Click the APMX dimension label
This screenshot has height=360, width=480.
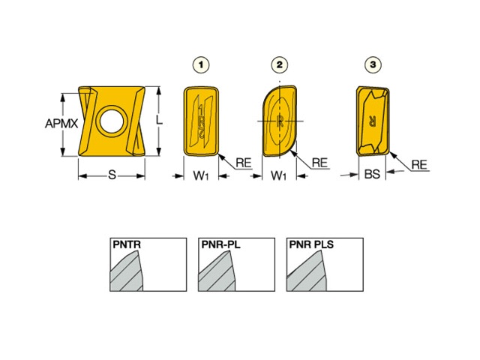coord(61,123)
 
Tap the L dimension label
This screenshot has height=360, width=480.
coord(159,120)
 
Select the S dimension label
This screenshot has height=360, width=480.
coord(112,175)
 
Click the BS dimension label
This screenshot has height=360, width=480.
coord(372,174)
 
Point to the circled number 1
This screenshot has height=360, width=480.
coord(201,64)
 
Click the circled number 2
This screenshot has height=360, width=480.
coord(280,64)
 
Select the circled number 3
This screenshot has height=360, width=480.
coord(373,64)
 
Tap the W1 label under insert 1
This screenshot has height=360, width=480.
coord(201,175)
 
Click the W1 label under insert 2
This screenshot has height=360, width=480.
coord(278,175)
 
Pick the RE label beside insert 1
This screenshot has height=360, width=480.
coord(244,163)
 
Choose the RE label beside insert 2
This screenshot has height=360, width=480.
coord(320,163)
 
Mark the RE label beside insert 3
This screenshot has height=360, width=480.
coord(419,165)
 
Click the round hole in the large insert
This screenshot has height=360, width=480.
coord(112,121)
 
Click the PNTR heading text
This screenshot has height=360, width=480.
coord(127,244)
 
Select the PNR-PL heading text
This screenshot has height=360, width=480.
coord(220,244)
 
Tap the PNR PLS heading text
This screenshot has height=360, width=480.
coord(311,244)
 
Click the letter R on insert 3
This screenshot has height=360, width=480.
coord(373,121)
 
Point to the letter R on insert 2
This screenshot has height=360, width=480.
coord(280,121)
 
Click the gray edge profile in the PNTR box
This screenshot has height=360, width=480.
coord(127,271)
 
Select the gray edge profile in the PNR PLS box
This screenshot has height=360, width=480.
coord(307,271)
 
